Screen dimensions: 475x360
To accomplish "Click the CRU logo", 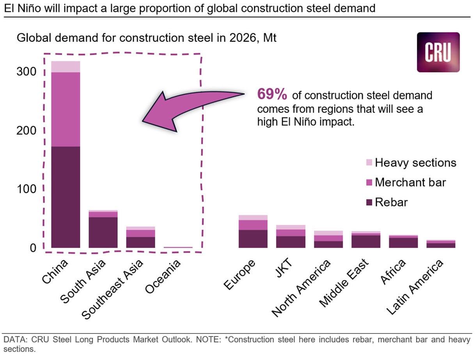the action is pyautogui.click(x=438, y=52).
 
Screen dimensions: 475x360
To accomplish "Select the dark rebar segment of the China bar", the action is pyautogui.click(x=66, y=197).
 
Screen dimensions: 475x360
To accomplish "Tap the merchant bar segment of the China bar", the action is pyautogui.click(x=66, y=109).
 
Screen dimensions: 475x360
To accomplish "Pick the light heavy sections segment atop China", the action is pyautogui.click(x=66, y=67).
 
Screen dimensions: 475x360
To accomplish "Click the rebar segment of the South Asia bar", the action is pyautogui.click(x=103, y=232).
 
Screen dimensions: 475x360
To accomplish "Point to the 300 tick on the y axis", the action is pyautogui.click(x=26, y=71).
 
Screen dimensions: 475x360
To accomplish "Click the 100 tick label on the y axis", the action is pyautogui.click(x=27, y=189).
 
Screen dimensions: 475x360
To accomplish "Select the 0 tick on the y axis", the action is pyautogui.click(x=33, y=248).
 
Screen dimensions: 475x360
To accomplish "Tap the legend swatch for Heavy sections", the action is pyautogui.click(x=369, y=162).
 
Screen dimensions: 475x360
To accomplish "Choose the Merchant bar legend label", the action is pyautogui.click(x=410, y=182).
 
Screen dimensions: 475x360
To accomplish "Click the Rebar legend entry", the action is pyautogui.click(x=387, y=202).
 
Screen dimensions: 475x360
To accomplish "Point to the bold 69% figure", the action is pyautogui.click(x=272, y=94).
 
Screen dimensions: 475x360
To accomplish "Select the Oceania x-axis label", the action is pyautogui.click(x=163, y=277).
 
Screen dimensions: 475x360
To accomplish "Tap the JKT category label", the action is pyautogui.click(x=284, y=268).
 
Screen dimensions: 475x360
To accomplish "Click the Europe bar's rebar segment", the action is pyautogui.click(x=253, y=239).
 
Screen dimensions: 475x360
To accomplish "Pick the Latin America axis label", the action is pyautogui.click(x=415, y=287).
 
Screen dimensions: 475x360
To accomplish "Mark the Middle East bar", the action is pyautogui.click(x=366, y=239).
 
